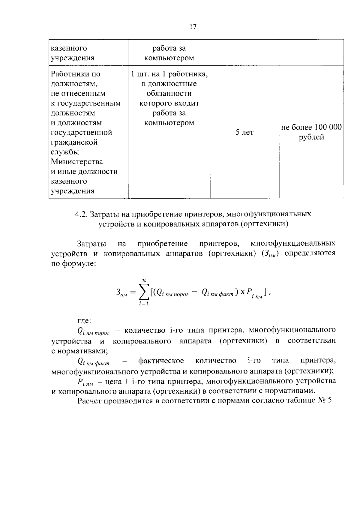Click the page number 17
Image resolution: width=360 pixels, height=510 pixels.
tap(193, 27)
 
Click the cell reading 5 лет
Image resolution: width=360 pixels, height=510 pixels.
tap(244, 132)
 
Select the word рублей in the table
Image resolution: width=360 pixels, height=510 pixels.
tap(311, 137)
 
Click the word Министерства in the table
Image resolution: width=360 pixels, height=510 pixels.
tap(77, 162)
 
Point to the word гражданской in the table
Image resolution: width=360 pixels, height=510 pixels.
tap(74, 142)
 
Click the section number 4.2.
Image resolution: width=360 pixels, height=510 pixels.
tap(81, 214)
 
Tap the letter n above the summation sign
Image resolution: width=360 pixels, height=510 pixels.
tap(144, 280)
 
